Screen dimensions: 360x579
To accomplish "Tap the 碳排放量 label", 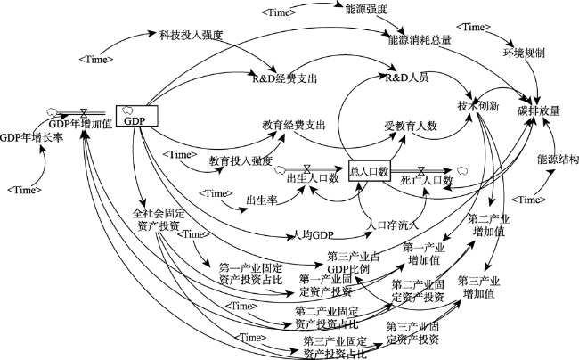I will pyautogui.click(x=539, y=110).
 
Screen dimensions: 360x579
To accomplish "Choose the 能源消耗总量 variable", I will pyautogui.click(x=419, y=39).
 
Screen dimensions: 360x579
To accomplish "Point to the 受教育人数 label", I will pyautogui.click(x=409, y=127).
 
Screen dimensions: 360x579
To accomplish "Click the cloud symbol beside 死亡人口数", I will pyautogui.click(x=462, y=168).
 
